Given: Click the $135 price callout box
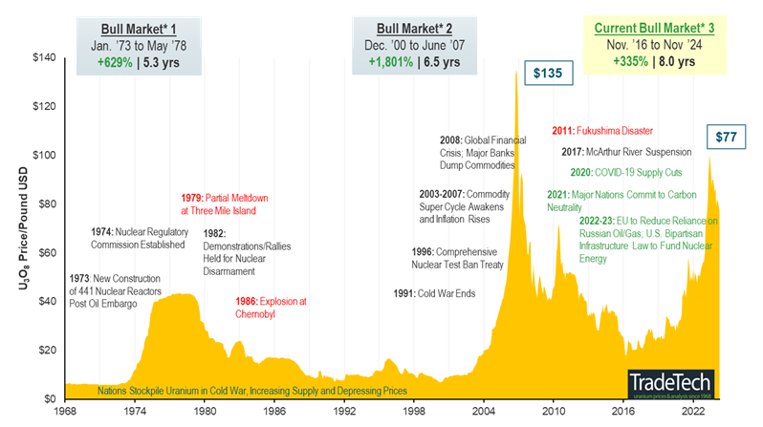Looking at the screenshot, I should (x=548, y=74).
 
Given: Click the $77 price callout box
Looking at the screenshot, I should (x=728, y=138).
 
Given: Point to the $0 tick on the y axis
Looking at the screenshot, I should (x=50, y=398).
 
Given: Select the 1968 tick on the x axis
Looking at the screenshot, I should (x=65, y=412).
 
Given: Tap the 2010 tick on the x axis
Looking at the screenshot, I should (x=554, y=412).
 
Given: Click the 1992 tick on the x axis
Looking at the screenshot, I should (x=344, y=412).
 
